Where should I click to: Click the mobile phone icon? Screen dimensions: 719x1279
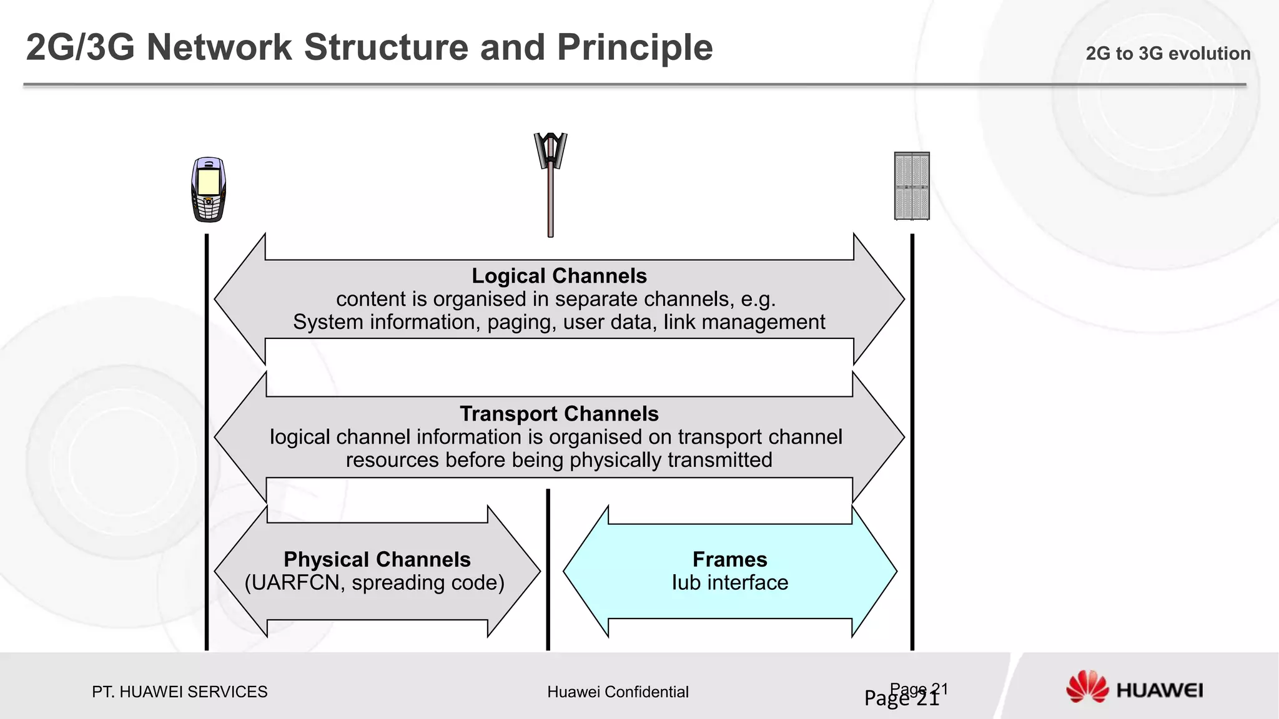point(208,190)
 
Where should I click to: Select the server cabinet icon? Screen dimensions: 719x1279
point(912,186)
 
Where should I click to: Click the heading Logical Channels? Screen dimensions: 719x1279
point(559,276)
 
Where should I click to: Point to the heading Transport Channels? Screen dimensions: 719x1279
point(559,414)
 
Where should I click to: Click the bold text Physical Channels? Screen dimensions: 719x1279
point(377,559)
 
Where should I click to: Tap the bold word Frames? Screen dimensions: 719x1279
point(729,559)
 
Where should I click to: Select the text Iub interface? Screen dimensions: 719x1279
point(729,583)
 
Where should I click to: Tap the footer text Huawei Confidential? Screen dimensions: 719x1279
point(618,692)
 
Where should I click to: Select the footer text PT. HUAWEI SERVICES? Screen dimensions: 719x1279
point(179,692)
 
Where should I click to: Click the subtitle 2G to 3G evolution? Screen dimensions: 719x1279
point(1168,54)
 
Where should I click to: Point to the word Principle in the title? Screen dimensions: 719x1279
point(635,47)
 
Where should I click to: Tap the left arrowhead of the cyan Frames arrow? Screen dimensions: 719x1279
point(584,571)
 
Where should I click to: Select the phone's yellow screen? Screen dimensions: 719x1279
point(208,182)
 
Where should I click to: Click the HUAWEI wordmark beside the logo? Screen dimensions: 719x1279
point(1159,690)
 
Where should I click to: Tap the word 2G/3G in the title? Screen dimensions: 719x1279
point(80,47)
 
